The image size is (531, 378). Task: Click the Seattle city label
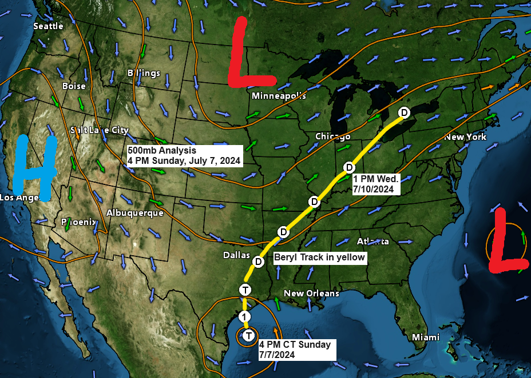[48, 26]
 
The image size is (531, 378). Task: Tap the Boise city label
[74, 86]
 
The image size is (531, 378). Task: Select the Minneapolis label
[279, 96]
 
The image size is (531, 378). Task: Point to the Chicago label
[332, 136]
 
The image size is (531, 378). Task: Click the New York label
[465, 137]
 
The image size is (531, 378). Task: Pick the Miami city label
[426, 337]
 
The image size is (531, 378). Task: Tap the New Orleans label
[311, 293]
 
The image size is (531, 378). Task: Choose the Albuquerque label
[134, 213]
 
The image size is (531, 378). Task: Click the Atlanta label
[371, 242]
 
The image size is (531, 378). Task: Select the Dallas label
[237, 255]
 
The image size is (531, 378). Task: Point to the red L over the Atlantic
[506, 242]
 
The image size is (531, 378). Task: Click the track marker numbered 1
[245, 317]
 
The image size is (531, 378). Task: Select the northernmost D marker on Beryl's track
[404, 112]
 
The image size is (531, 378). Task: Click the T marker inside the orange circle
[248, 336]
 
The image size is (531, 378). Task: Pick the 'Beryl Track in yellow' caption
[319, 258]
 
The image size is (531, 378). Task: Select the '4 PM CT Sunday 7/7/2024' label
[295, 349]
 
